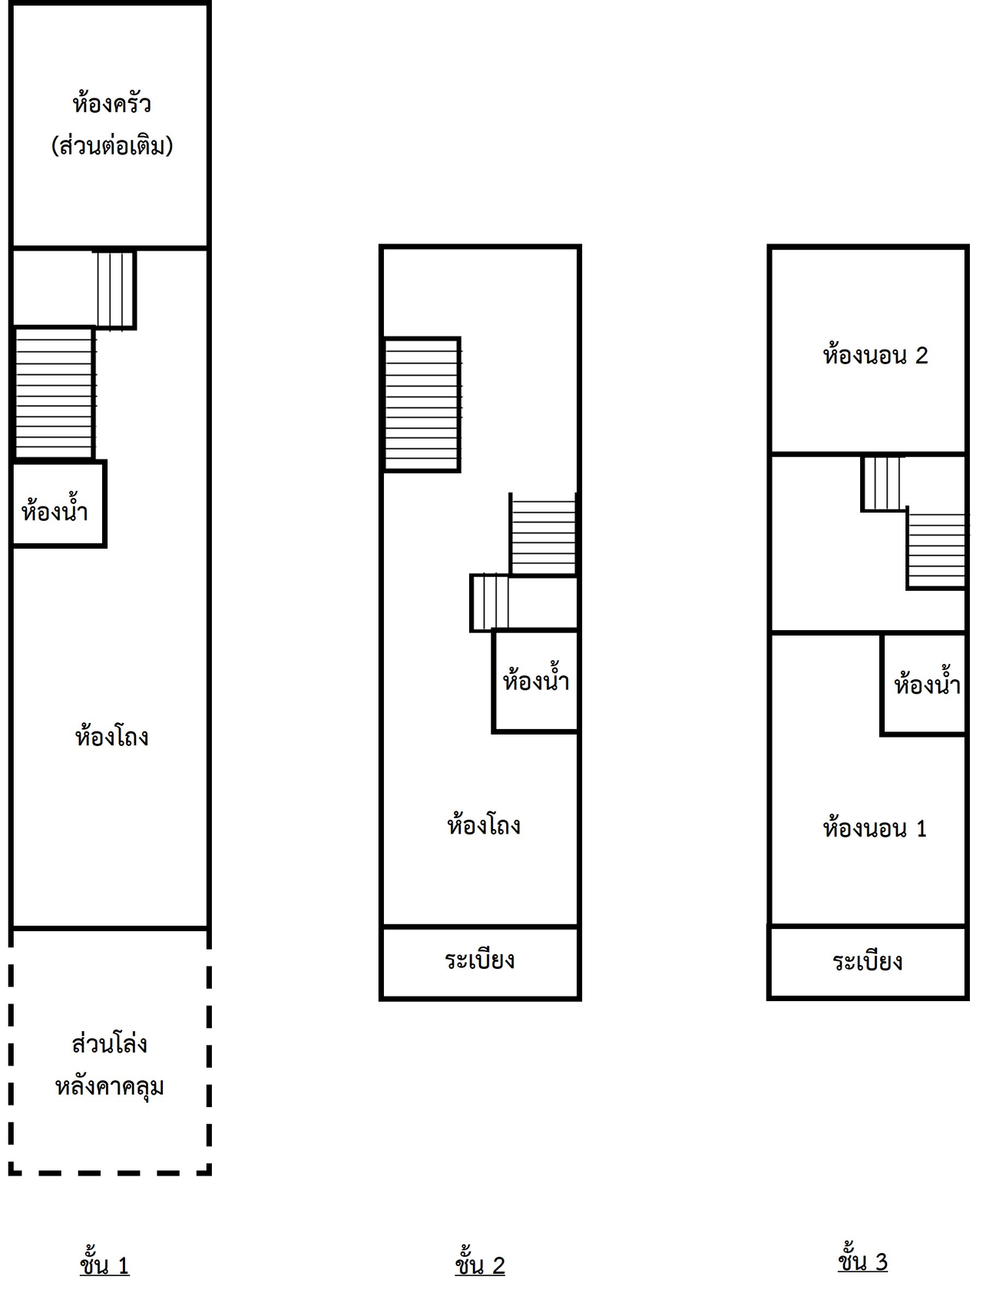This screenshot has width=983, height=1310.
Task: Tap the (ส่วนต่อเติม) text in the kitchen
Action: pyautogui.click(x=112, y=146)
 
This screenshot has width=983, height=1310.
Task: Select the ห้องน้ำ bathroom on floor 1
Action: pyautogui.click(x=55, y=510)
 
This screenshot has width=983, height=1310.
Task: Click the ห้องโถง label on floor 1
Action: pyautogui.click(x=111, y=737)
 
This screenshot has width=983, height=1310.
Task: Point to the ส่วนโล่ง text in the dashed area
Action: pyautogui.click(x=109, y=1044)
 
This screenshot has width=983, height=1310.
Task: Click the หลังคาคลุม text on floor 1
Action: pyautogui.click(x=109, y=1086)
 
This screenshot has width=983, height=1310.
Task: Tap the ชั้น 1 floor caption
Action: pyautogui.click(x=104, y=1265)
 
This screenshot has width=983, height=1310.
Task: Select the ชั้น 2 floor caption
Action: pyautogui.click(x=480, y=1265)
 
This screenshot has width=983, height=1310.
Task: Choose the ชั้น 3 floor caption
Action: pyautogui.click(x=862, y=1262)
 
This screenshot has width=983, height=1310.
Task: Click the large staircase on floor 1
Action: pyautogui.click(x=54, y=393)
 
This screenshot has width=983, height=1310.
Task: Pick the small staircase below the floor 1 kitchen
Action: pyautogui.click(x=115, y=290)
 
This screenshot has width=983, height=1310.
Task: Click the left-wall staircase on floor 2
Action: pyautogui.click(x=422, y=404)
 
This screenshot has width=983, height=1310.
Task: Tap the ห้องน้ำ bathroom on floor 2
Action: pyautogui.click(x=536, y=681)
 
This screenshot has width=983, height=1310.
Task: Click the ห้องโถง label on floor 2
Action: pyautogui.click(x=484, y=825)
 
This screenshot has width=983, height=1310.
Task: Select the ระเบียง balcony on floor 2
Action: pyautogui.click(x=480, y=960)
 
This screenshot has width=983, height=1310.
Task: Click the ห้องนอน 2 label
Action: pyautogui.click(x=875, y=356)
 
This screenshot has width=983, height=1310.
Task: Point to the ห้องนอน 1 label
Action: pyautogui.click(x=875, y=828)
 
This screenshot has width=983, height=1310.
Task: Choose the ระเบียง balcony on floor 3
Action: pyautogui.click(x=868, y=962)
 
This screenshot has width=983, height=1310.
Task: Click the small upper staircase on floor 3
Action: pyautogui.click(x=883, y=483)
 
